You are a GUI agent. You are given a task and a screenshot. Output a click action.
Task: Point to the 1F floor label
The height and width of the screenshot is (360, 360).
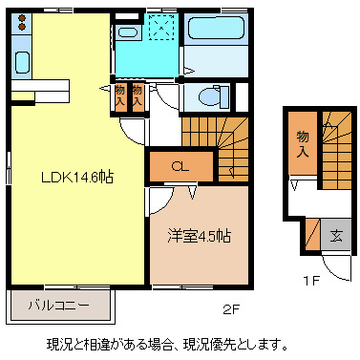[311, 280]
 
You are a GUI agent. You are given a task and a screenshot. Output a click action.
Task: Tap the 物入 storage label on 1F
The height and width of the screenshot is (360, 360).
[302, 144]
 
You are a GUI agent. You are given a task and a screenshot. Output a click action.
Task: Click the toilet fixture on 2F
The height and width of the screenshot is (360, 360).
[206, 95]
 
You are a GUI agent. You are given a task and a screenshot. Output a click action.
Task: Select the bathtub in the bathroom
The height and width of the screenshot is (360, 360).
[217, 36]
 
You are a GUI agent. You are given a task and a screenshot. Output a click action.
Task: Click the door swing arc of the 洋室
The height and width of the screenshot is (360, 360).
[159, 201]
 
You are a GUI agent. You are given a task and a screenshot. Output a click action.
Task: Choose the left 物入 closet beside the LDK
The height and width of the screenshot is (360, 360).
[120, 94]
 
